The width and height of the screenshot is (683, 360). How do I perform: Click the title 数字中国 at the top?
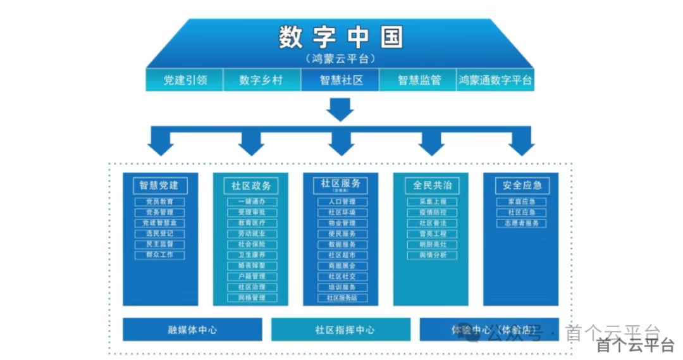pos(340,38)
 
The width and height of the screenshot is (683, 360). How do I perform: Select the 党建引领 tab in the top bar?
pos(185,80)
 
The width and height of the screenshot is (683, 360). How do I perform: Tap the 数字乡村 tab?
pos(261,80)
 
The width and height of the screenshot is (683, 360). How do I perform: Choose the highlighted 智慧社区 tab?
pos(340,80)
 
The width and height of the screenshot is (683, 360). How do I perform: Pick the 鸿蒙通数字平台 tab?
pos(495,80)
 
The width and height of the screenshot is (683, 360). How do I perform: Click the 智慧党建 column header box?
pos(160,185)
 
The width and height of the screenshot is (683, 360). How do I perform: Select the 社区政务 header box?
pos(250,186)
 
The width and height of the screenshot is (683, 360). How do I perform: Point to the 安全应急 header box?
pos(522,185)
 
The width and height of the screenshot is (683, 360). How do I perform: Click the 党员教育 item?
pos(160,202)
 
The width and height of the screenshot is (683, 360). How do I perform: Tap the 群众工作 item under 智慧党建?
pos(160,255)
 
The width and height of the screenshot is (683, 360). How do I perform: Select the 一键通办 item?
pos(250,202)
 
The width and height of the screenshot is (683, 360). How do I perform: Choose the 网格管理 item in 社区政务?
pos(250,297)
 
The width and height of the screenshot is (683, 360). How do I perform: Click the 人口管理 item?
pos(341,202)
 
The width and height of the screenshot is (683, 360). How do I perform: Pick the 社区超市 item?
pos(341,255)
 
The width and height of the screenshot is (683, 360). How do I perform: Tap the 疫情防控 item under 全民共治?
pos(431,213)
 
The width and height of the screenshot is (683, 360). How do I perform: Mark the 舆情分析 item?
pos(431,255)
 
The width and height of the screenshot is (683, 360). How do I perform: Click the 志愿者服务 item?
pos(522,223)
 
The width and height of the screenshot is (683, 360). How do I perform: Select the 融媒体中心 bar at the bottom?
pos(192,330)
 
